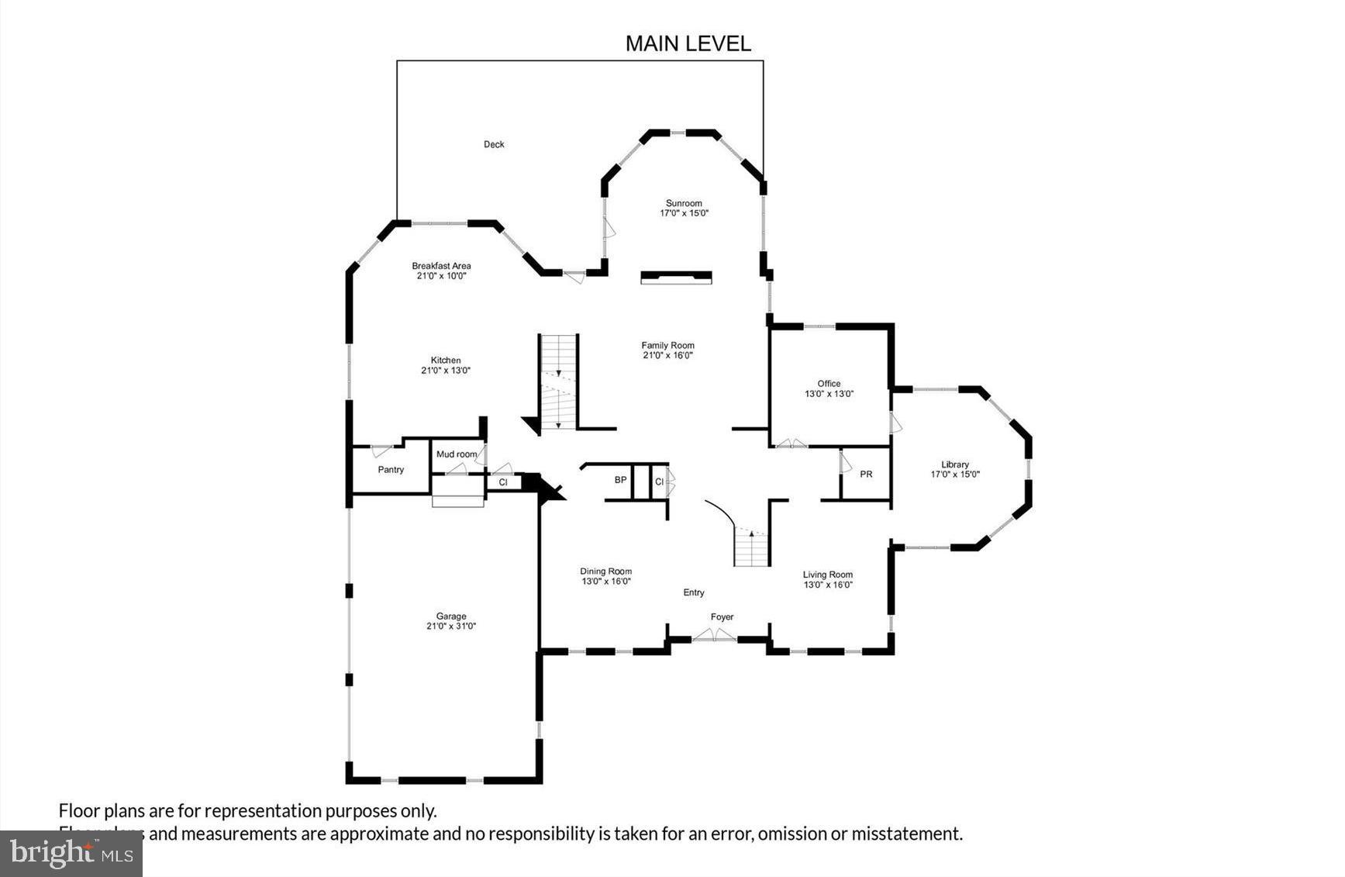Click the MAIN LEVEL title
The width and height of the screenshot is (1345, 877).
688,43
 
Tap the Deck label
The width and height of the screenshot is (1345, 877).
494,144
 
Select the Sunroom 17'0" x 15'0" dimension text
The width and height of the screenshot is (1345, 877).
684,213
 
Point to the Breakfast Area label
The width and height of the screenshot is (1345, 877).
441,266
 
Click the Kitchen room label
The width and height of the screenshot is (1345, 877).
446,360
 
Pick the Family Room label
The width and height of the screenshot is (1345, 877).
667,346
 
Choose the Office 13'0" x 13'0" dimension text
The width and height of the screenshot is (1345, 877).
829,394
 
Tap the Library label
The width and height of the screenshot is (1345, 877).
955,464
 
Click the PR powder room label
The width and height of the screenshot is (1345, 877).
866,474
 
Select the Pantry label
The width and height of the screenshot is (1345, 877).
391,470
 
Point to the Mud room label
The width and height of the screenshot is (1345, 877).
456,454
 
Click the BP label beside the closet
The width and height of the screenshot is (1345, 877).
620,480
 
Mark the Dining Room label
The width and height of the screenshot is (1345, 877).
605,571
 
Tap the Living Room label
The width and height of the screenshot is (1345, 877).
827,575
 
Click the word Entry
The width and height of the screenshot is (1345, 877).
693,592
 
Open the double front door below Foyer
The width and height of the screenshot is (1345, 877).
714,636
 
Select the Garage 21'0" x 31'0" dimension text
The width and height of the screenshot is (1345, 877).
450,627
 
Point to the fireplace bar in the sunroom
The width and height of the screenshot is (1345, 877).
676,277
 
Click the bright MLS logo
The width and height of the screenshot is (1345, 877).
71,854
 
